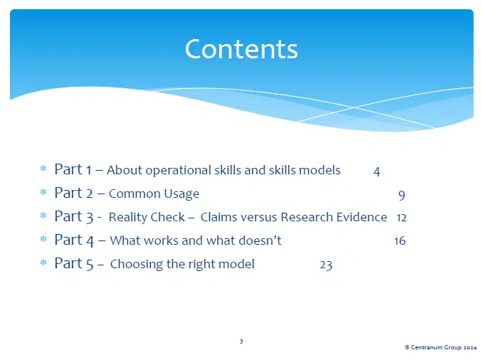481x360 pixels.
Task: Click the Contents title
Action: point(241,49)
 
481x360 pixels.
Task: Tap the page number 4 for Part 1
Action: point(376,171)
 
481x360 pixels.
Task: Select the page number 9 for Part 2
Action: point(401,194)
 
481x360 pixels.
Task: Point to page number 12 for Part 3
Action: point(401,218)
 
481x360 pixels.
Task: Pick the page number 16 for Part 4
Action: point(399,241)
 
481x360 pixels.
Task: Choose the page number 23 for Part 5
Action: point(326,265)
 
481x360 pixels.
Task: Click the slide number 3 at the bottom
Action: point(241,342)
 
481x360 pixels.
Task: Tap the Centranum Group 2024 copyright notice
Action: point(440,346)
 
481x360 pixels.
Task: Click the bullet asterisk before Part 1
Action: point(44,170)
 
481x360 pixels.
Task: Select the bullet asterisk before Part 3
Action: point(44,217)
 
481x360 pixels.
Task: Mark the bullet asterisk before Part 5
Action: point(44,264)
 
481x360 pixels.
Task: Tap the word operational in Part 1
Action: point(172,171)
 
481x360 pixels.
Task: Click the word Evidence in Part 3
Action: point(359,217)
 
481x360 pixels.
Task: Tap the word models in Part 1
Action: point(321,170)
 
